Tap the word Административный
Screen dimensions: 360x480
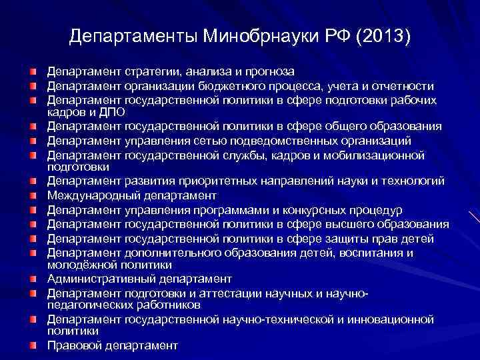(x=93, y=278)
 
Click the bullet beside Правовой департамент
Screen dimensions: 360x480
(x=33, y=345)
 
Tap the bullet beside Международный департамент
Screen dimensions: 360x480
(x=33, y=196)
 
